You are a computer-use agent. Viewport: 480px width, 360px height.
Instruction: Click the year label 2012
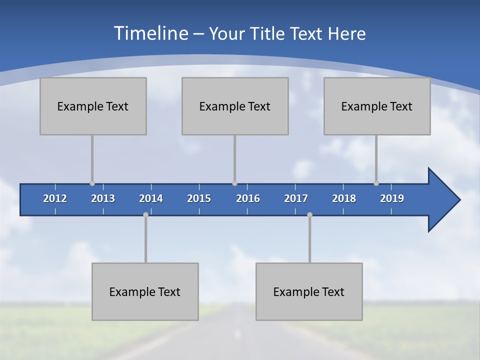point(55,198)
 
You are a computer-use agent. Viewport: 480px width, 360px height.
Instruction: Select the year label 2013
point(103,198)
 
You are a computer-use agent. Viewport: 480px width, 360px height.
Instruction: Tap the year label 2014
point(151,198)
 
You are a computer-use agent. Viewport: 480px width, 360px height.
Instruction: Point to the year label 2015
point(199,198)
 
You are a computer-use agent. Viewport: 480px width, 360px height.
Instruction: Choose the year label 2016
point(248,198)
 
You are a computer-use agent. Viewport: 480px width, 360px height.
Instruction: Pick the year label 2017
point(296,198)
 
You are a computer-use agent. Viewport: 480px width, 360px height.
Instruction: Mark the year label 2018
point(344,198)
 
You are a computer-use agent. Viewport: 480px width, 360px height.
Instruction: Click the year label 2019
point(392,198)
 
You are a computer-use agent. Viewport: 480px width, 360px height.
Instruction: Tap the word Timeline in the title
point(150,33)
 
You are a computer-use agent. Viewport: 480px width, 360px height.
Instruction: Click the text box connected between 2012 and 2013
point(93,106)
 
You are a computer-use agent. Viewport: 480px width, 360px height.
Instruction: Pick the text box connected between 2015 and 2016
point(235,106)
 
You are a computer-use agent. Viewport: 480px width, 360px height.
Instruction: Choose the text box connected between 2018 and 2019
point(377,106)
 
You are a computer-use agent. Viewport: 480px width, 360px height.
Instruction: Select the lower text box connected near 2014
point(145,291)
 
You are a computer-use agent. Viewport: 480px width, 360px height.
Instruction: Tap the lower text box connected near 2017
point(309,291)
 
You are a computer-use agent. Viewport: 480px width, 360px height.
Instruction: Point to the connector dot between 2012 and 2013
point(92,183)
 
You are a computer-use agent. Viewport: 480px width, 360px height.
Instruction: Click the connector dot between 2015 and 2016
point(234,183)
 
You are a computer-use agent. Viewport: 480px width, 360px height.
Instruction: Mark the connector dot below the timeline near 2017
point(309,214)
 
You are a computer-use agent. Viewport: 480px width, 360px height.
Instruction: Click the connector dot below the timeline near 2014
point(145,214)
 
